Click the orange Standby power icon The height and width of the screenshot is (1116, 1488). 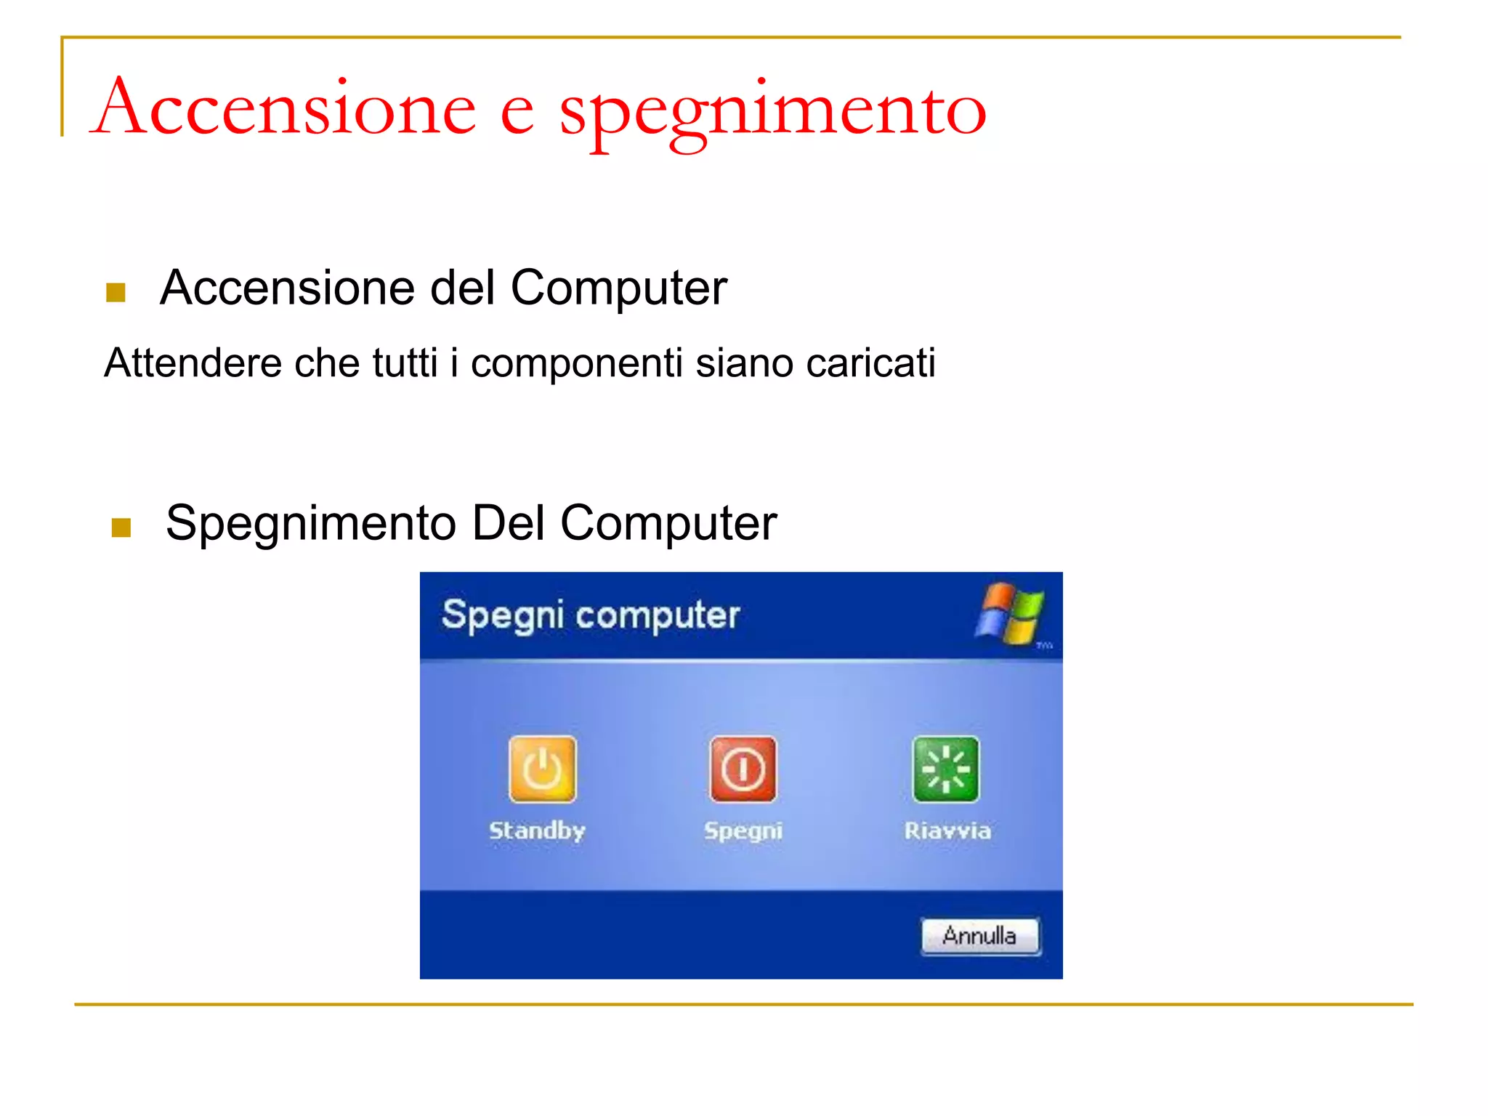point(542,769)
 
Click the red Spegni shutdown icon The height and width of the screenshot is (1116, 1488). point(743,769)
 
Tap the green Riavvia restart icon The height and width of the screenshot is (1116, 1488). point(945,769)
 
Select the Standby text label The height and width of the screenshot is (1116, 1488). point(537,830)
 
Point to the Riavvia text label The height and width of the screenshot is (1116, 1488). point(947,830)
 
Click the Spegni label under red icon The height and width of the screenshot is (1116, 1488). point(743,830)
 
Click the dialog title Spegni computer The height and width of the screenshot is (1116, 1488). point(590,615)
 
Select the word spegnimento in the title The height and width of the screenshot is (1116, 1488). point(772,113)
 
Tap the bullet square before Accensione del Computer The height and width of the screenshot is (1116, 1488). point(116,292)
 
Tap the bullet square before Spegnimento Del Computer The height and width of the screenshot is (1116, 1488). point(121,527)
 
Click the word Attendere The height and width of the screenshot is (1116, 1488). point(193,363)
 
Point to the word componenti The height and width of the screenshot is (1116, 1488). point(576,364)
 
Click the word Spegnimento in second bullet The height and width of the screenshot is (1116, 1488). point(310,524)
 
